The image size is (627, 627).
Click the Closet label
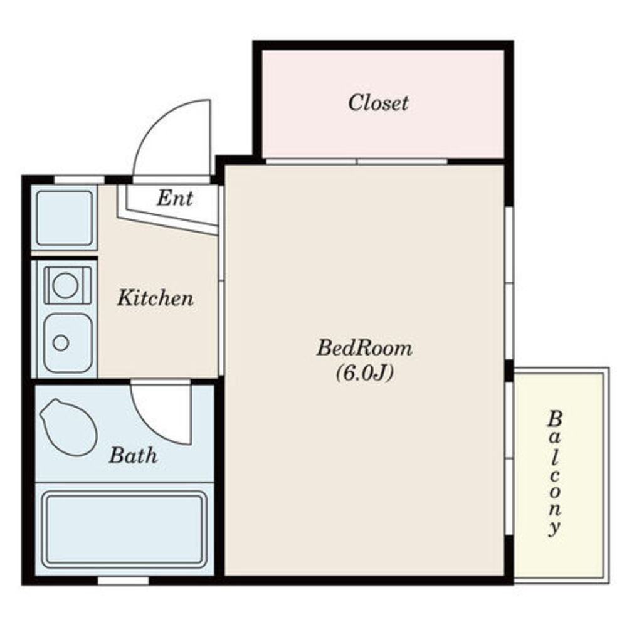click(x=378, y=103)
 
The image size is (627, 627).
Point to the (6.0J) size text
click(x=365, y=373)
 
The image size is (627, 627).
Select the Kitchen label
click(x=155, y=298)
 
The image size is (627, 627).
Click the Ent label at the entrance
click(x=175, y=198)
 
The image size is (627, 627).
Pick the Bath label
click(x=133, y=455)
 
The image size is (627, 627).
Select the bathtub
click(x=124, y=529)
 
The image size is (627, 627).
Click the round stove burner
click(x=65, y=285)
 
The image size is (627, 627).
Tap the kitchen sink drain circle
click(x=61, y=343)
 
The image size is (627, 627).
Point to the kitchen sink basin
click(x=68, y=343)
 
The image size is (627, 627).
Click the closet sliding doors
click(x=357, y=162)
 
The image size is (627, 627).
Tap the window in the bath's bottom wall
click(x=123, y=581)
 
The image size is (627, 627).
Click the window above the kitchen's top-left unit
click(x=79, y=179)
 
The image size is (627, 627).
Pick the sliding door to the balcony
click(x=509, y=458)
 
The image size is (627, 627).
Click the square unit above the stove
click(x=65, y=218)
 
